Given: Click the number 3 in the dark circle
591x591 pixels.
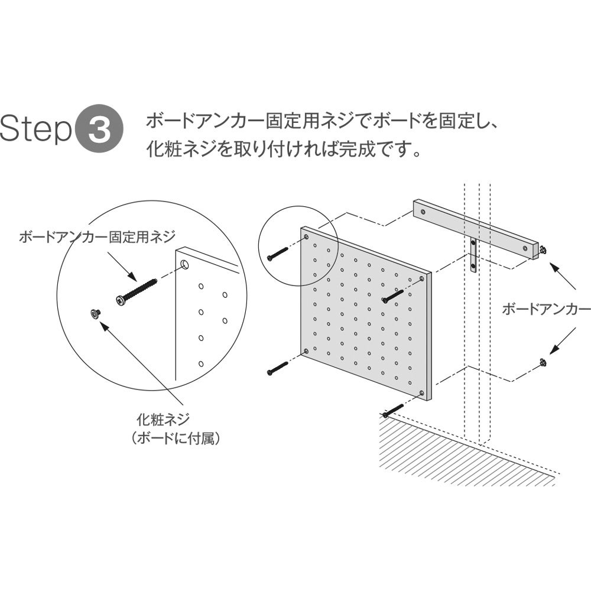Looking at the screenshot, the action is point(99,128).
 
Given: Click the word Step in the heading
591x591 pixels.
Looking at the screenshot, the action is point(36,128).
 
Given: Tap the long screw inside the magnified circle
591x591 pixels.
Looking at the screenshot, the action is point(136,291).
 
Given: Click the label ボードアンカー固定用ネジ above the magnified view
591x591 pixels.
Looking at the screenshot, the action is point(98,237).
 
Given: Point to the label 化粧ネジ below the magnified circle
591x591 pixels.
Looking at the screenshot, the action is point(163,419).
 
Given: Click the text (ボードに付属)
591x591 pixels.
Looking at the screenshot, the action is point(176,439).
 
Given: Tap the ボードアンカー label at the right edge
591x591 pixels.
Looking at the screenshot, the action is point(545,309).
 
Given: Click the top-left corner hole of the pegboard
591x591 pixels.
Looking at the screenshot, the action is point(306,236).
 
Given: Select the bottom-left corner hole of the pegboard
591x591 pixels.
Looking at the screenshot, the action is point(306,351).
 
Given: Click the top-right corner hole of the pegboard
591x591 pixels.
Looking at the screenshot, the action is point(422,278).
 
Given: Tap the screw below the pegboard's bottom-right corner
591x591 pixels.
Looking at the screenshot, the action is point(393,410).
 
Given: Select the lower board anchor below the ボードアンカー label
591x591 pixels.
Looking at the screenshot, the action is point(543,363).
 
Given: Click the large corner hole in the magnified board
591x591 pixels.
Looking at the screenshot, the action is point(184,264).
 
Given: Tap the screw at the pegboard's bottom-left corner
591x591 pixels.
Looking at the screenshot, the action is point(277,368).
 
